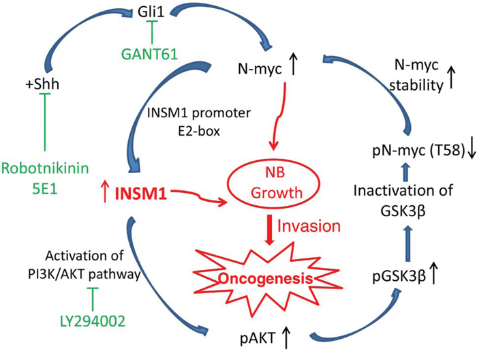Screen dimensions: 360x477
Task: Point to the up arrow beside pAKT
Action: [x=286, y=333]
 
